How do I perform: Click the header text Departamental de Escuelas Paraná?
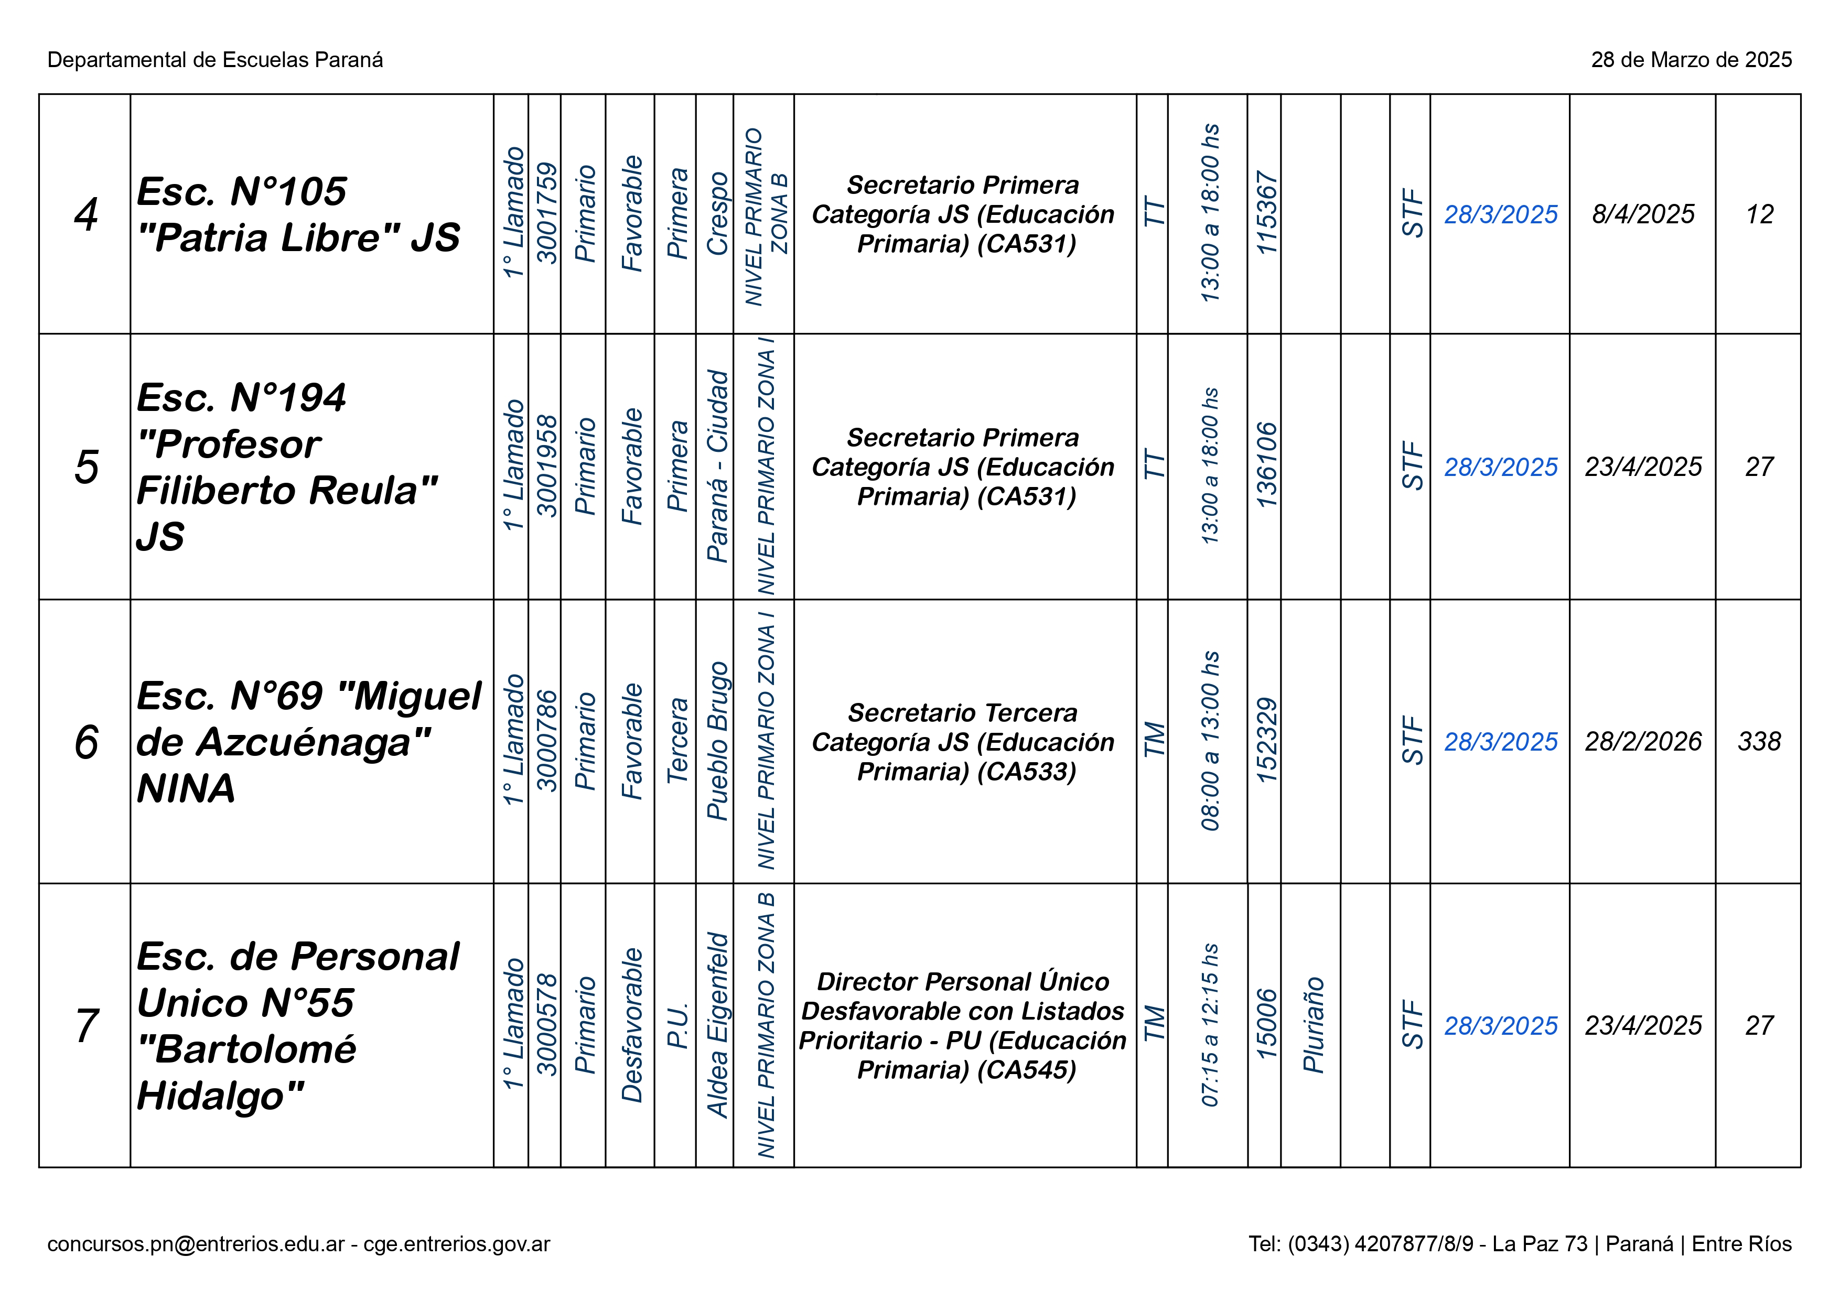[x=215, y=60]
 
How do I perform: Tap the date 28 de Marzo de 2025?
[x=1691, y=60]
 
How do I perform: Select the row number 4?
[x=86, y=215]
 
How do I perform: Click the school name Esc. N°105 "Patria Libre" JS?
[x=298, y=215]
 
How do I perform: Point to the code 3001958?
[x=546, y=466]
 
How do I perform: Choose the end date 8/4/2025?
[x=1643, y=215]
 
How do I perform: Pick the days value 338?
[x=1759, y=742]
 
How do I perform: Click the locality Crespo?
[x=716, y=215]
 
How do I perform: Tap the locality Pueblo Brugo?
[x=716, y=742]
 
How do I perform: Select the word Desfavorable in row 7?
[x=631, y=1025]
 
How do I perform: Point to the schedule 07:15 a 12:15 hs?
[x=1209, y=1025]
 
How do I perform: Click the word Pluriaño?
[x=1312, y=1025]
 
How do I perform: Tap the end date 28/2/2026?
[x=1643, y=742]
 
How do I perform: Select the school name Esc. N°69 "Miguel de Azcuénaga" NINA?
[x=308, y=742]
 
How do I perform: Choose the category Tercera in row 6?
[x=677, y=742]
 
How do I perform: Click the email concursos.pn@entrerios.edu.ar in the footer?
[x=196, y=1244]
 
